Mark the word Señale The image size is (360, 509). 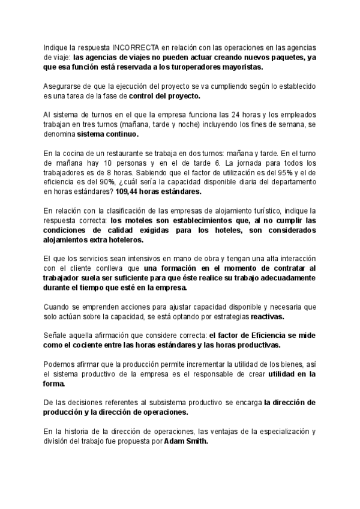pyautogui.click(x=56, y=336)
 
